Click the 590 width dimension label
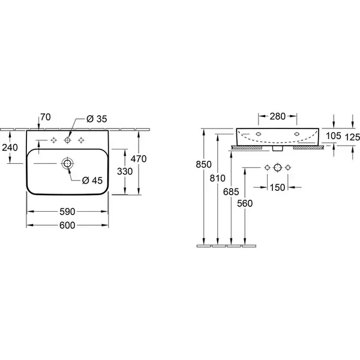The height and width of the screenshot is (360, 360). tap(67, 212)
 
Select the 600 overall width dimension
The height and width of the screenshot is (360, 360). tap(67, 226)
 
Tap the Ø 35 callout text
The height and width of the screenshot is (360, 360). tap(97, 119)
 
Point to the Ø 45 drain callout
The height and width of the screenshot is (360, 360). tap(92, 181)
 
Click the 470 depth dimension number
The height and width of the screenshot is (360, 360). tap(139, 159)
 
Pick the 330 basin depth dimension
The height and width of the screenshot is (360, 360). tap(125, 172)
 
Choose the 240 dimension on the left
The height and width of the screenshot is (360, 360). tap(10, 148)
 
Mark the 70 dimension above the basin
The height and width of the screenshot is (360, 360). tap(46, 117)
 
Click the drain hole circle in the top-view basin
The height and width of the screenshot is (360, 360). tap(67, 163)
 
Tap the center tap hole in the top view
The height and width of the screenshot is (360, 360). tap(67, 140)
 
